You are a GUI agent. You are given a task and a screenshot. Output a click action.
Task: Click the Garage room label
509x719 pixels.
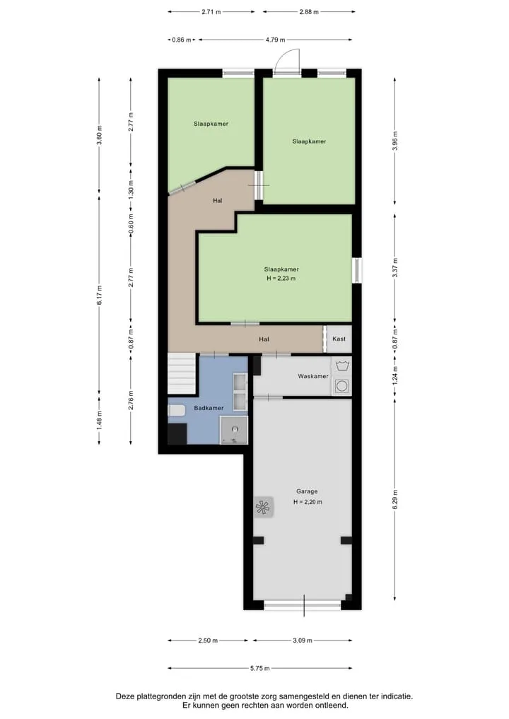(x=306, y=491)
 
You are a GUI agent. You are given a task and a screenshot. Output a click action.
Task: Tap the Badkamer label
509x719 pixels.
(x=209, y=408)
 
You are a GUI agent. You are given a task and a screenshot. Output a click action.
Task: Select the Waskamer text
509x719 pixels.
(x=313, y=376)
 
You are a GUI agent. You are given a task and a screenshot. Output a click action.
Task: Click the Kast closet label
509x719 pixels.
(x=339, y=339)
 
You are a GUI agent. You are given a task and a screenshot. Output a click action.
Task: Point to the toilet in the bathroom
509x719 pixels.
(x=177, y=410)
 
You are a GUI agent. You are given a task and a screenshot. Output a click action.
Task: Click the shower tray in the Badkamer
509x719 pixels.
(x=234, y=430)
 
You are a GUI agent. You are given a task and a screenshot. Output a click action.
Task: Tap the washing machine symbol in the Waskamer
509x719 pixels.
(x=341, y=386)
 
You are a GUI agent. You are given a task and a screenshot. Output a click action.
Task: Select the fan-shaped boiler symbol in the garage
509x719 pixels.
(x=263, y=508)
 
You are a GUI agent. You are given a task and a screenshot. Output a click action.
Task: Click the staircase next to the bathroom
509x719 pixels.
(x=182, y=374)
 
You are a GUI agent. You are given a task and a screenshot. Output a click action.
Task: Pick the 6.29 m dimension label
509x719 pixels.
(x=395, y=499)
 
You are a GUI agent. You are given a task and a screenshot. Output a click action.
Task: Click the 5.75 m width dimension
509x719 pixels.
(x=260, y=668)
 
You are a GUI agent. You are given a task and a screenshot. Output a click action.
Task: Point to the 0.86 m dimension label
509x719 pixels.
(x=182, y=40)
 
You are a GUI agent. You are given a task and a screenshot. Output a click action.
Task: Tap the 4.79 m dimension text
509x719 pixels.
(x=275, y=40)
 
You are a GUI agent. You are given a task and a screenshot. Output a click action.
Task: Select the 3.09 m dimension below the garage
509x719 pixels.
(x=302, y=640)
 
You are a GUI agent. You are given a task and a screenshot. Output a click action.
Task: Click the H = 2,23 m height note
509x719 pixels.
(x=281, y=279)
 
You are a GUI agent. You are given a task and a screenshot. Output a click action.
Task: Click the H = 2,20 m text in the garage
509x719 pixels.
(x=308, y=502)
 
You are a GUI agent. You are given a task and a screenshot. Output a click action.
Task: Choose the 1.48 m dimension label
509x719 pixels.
(x=100, y=420)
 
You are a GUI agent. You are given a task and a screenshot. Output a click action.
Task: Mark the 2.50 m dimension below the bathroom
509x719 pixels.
(x=208, y=640)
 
